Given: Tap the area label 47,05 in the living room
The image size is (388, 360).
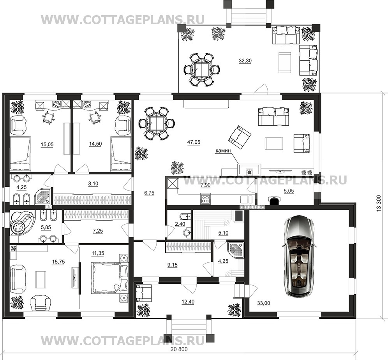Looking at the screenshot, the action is [194, 142].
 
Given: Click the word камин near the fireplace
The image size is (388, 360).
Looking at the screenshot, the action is [223, 150].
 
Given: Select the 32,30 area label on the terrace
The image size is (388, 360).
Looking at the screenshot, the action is [245, 61].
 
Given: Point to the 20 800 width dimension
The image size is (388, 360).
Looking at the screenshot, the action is [179, 349].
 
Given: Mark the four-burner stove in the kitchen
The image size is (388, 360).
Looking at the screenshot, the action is [205, 199].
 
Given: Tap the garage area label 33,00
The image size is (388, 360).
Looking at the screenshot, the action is [263, 303].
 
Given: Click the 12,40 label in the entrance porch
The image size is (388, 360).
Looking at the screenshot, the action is [188, 302].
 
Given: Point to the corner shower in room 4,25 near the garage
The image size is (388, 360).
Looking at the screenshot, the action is [235, 251].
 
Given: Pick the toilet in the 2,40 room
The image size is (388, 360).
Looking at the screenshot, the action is [185, 217].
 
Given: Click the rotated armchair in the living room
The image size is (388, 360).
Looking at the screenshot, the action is [240, 137].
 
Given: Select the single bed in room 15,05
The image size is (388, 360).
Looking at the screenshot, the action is [21, 154].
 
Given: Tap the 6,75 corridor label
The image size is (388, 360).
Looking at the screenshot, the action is [149, 193].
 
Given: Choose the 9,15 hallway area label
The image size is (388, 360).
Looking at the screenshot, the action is [173, 265].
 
